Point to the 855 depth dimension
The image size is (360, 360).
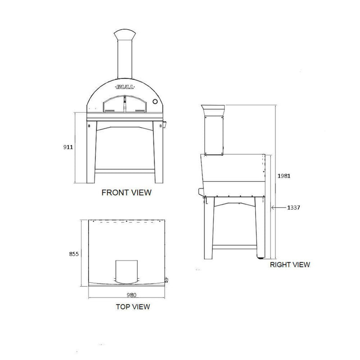(x=74, y=254)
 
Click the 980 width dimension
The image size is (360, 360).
(x=130, y=296)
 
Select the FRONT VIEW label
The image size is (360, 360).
(x=126, y=193)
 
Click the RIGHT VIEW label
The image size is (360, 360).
(x=290, y=265)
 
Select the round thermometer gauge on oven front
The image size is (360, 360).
(x=156, y=102)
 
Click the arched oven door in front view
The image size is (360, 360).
(x=125, y=105)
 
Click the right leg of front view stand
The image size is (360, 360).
(x=158, y=153)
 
